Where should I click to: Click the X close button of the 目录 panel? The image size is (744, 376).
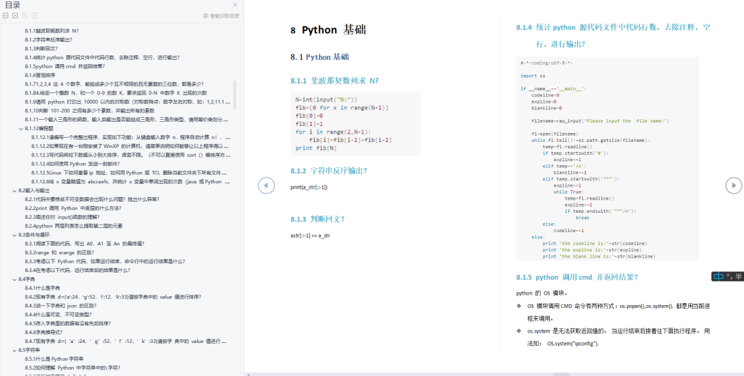235,4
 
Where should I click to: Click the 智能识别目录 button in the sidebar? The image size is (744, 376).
221,15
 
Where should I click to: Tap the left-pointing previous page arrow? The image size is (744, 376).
267,185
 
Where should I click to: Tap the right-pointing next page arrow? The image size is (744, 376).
734,185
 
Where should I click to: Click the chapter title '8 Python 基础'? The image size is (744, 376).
329,30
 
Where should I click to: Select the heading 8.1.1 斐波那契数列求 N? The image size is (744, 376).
335,80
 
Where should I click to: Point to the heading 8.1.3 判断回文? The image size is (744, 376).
318,219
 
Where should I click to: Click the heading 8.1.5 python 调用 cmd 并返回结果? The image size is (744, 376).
577,277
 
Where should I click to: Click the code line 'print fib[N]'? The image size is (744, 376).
316,148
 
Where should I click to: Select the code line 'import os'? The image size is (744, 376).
533,76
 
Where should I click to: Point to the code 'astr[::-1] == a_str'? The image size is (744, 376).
310,236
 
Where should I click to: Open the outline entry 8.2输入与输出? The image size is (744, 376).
34,190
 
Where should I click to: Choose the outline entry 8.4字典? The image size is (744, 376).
28,279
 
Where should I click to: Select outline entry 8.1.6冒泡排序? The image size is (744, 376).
40,75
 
